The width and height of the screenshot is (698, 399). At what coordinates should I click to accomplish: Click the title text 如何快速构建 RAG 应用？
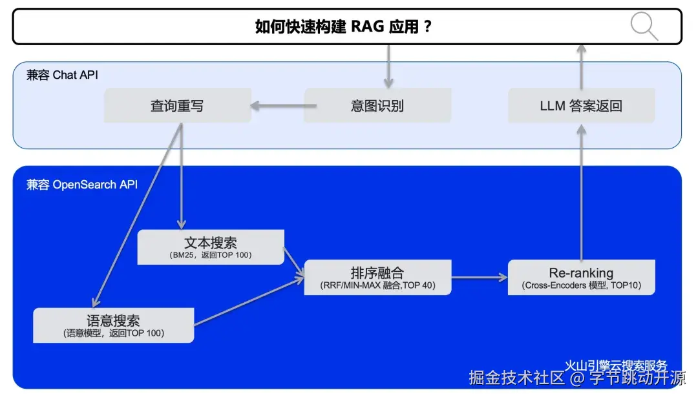click(343, 26)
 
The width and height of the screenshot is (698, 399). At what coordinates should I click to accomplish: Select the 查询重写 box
click(177, 106)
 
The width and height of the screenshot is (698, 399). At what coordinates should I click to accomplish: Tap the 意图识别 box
click(377, 106)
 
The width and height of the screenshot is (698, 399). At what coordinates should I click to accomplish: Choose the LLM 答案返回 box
click(581, 106)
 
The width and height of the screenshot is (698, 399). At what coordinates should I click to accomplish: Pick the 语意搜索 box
click(113, 325)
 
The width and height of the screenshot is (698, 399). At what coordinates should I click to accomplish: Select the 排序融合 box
click(377, 277)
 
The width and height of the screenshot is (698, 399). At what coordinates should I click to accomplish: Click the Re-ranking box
click(581, 277)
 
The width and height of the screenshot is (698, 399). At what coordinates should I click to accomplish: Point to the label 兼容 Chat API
click(62, 75)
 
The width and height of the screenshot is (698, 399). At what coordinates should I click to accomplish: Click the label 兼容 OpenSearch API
click(81, 185)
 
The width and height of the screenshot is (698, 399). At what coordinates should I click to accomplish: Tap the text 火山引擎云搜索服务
click(615, 365)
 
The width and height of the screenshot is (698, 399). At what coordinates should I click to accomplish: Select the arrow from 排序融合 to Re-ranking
click(480, 278)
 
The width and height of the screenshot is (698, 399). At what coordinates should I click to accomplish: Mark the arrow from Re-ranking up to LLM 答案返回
click(581, 194)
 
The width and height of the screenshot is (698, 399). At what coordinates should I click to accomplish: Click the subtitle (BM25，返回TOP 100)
click(211, 256)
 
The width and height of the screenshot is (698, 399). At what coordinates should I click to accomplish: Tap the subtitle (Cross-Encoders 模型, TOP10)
click(581, 285)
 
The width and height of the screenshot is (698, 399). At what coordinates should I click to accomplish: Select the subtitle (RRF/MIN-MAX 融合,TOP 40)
click(377, 285)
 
